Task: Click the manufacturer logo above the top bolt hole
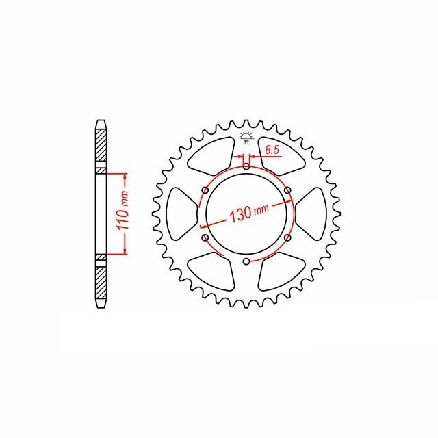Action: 246,135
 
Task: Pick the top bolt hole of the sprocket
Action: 246,166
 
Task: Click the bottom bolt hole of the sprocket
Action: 246,261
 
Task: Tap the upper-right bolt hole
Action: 287,190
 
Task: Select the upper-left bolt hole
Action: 204,190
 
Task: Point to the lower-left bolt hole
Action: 204,237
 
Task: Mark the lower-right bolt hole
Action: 287,237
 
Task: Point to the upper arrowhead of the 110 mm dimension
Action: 125,176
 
